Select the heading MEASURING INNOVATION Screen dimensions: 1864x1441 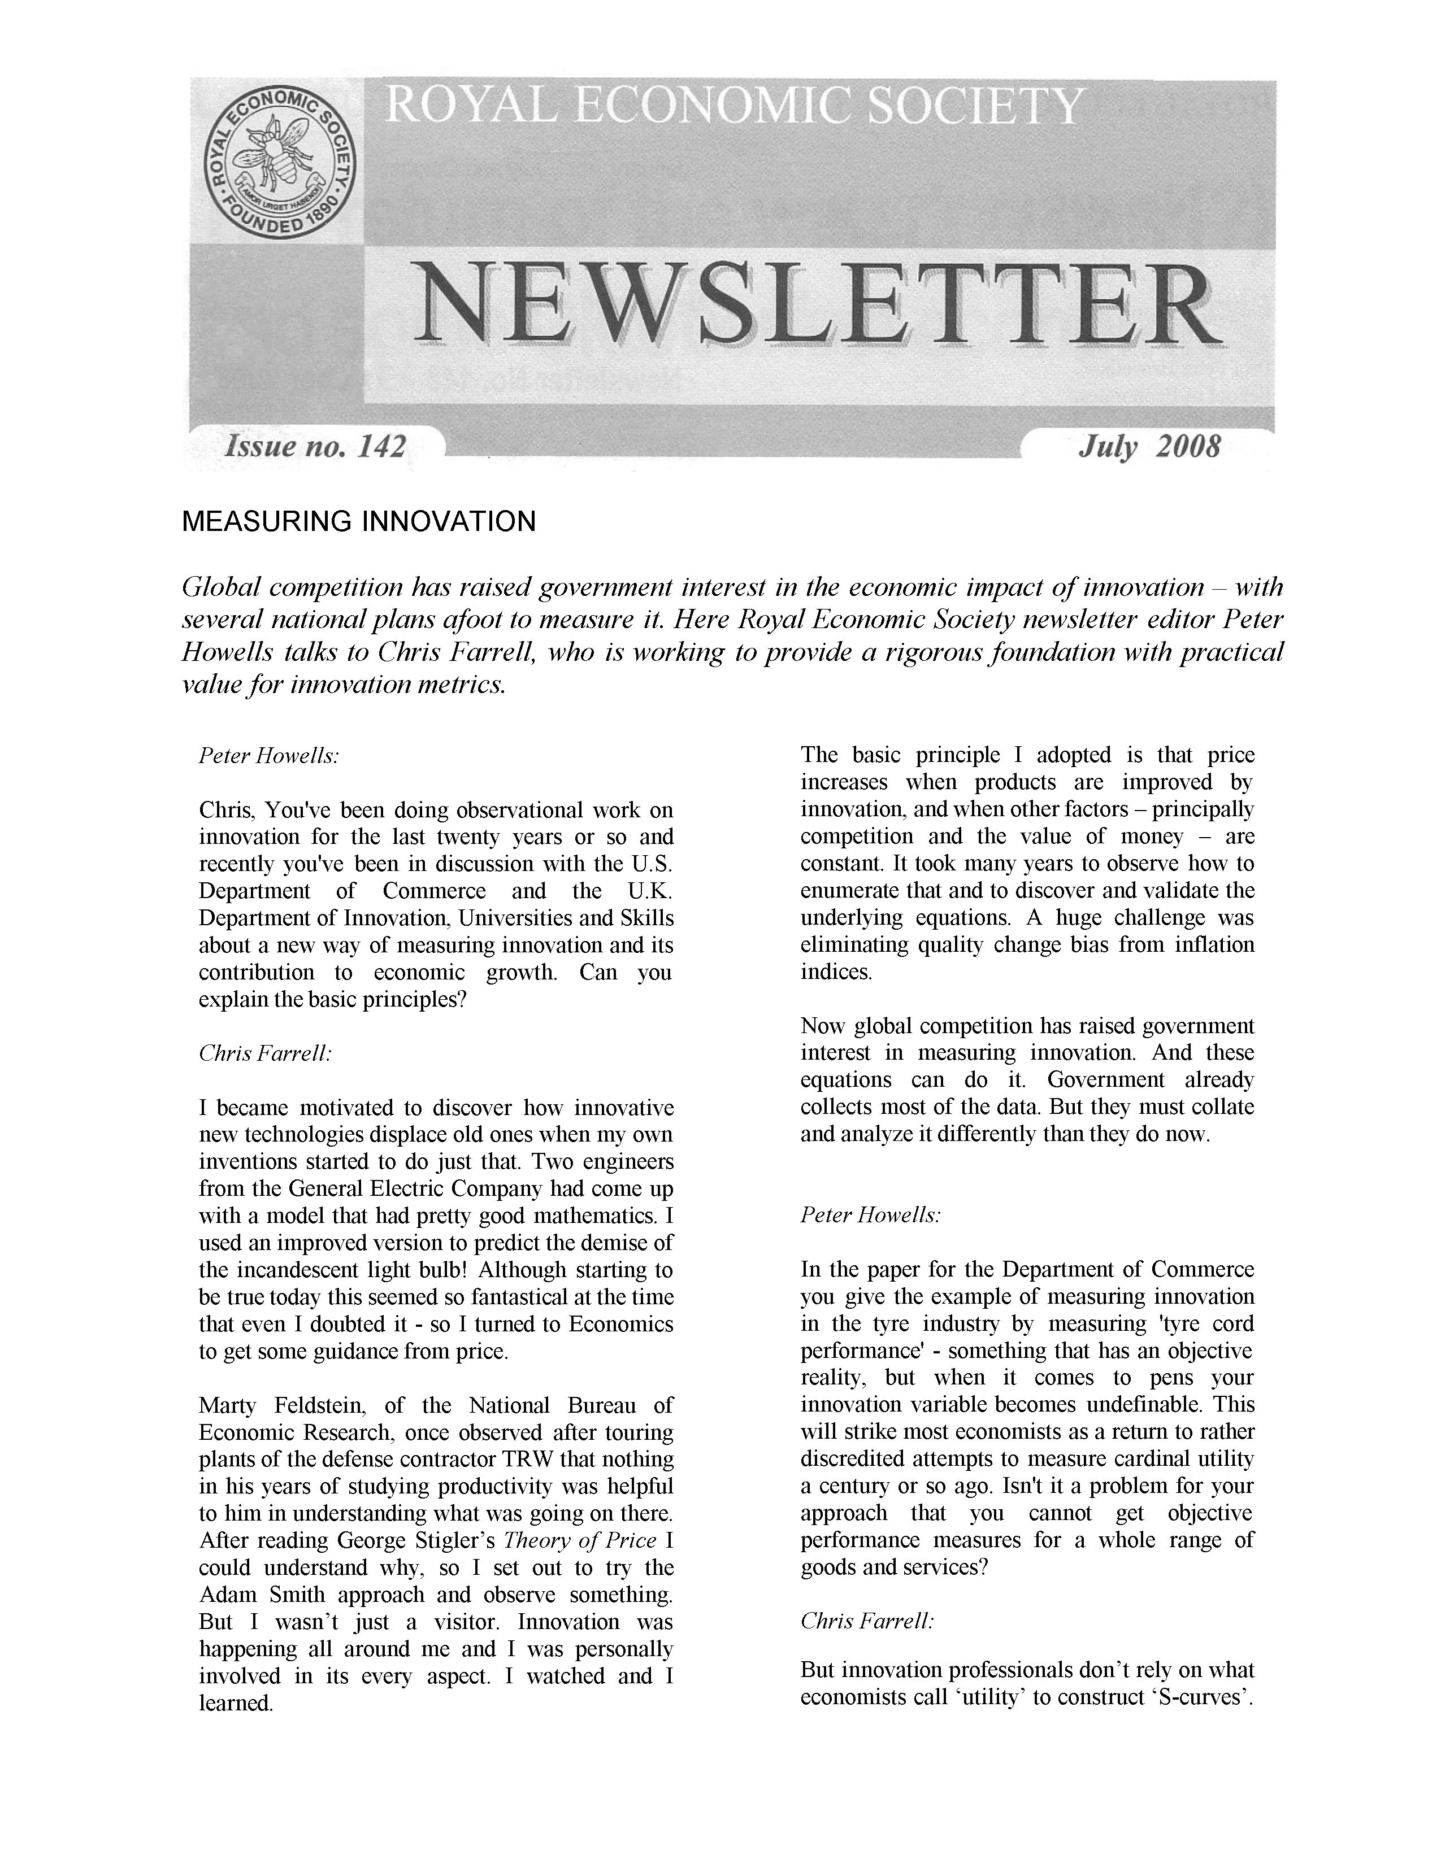tap(358, 521)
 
